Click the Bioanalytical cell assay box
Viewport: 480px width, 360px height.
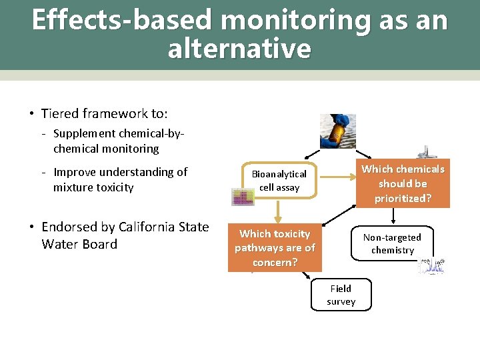click(279, 181)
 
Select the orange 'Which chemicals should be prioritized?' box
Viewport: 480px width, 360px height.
click(402, 183)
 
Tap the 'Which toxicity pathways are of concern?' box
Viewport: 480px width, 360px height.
click(275, 248)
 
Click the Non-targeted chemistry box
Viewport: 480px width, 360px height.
click(393, 243)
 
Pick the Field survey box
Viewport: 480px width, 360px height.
click(341, 295)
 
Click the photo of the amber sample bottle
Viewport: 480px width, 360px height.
click(338, 131)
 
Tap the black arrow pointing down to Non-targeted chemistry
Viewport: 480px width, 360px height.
click(394, 217)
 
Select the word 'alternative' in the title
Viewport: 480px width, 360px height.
click(239, 49)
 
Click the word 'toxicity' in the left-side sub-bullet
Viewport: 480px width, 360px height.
click(113, 187)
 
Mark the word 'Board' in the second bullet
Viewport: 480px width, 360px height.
click(99, 244)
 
